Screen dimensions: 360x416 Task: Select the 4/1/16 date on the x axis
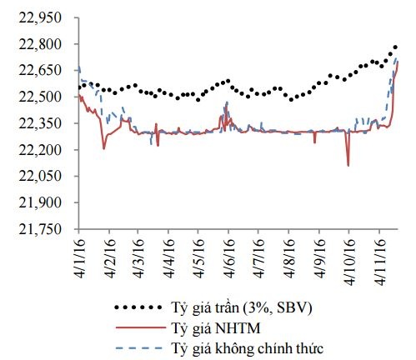coord(80,253)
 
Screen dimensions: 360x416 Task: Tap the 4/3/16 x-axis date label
coord(138,253)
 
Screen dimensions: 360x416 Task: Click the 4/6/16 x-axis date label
coord(227,253)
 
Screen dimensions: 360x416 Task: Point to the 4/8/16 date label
coord(287,253)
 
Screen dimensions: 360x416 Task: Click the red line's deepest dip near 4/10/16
coord(348,165)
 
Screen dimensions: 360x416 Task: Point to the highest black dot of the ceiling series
coord(395,47)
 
